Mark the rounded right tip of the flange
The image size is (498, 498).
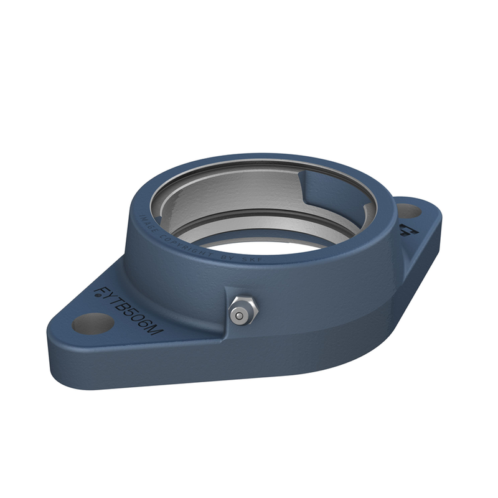438,215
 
